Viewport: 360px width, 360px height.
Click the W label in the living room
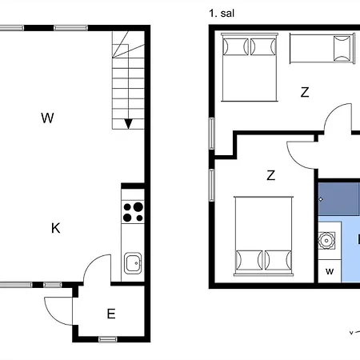[47, 118]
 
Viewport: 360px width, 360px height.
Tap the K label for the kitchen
[56, 228]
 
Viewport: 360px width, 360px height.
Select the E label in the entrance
[111, 314]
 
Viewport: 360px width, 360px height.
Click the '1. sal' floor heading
[222, 14]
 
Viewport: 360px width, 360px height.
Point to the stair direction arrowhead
[129, 124]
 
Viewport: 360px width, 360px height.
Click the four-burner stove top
[133, 212]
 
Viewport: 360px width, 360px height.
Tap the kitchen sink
[133, 263]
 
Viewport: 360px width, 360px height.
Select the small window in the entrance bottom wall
[108, 339]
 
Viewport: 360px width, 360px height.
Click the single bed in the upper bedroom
[322, 48]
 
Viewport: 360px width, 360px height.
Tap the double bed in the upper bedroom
[250, 67]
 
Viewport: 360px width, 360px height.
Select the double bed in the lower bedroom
[263, 236]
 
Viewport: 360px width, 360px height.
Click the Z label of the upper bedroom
[305, 92]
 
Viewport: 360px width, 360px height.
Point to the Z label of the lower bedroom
[271, 175]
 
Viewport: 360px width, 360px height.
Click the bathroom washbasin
[326, 241]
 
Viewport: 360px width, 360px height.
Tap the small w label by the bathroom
[330, 271]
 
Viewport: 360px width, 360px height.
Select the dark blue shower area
[339, 199]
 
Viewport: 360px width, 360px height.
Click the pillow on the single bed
[342, 48]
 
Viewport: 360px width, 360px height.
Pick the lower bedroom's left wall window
[211, 185]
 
